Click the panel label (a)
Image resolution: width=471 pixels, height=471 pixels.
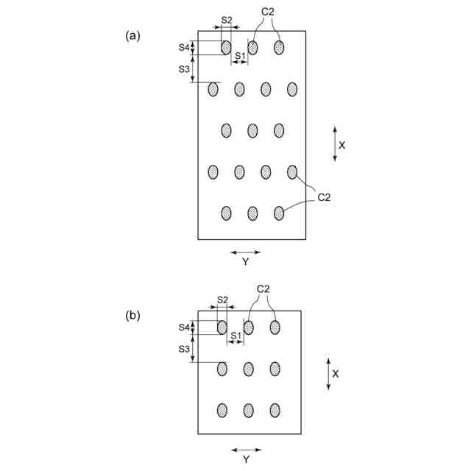pos(132,35)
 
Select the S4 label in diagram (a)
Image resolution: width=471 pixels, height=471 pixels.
pos(184,47)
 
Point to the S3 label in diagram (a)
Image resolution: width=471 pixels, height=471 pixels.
pos(184,68)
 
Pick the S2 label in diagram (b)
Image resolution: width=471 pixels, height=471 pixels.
pos(222,300)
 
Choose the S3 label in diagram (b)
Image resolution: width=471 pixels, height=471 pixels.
pos(184,349)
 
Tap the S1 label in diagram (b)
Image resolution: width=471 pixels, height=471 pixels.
pos(235,336)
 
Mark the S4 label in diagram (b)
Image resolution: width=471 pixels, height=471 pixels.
pos(184,327)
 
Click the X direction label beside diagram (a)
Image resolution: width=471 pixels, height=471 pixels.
pos(342,145)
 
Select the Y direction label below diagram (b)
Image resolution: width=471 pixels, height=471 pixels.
pos(245,459)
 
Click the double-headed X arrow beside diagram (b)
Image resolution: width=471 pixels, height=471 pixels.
pos(327,374)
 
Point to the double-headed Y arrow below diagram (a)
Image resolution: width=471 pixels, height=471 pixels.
pos(245,252)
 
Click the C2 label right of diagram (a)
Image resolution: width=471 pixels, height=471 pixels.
pos(325,197)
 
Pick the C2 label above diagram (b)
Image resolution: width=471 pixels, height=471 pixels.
pos(263,290)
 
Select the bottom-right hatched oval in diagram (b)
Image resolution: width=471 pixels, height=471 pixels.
pos(275,410)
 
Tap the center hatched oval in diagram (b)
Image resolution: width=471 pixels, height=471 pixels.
pos(249,367)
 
